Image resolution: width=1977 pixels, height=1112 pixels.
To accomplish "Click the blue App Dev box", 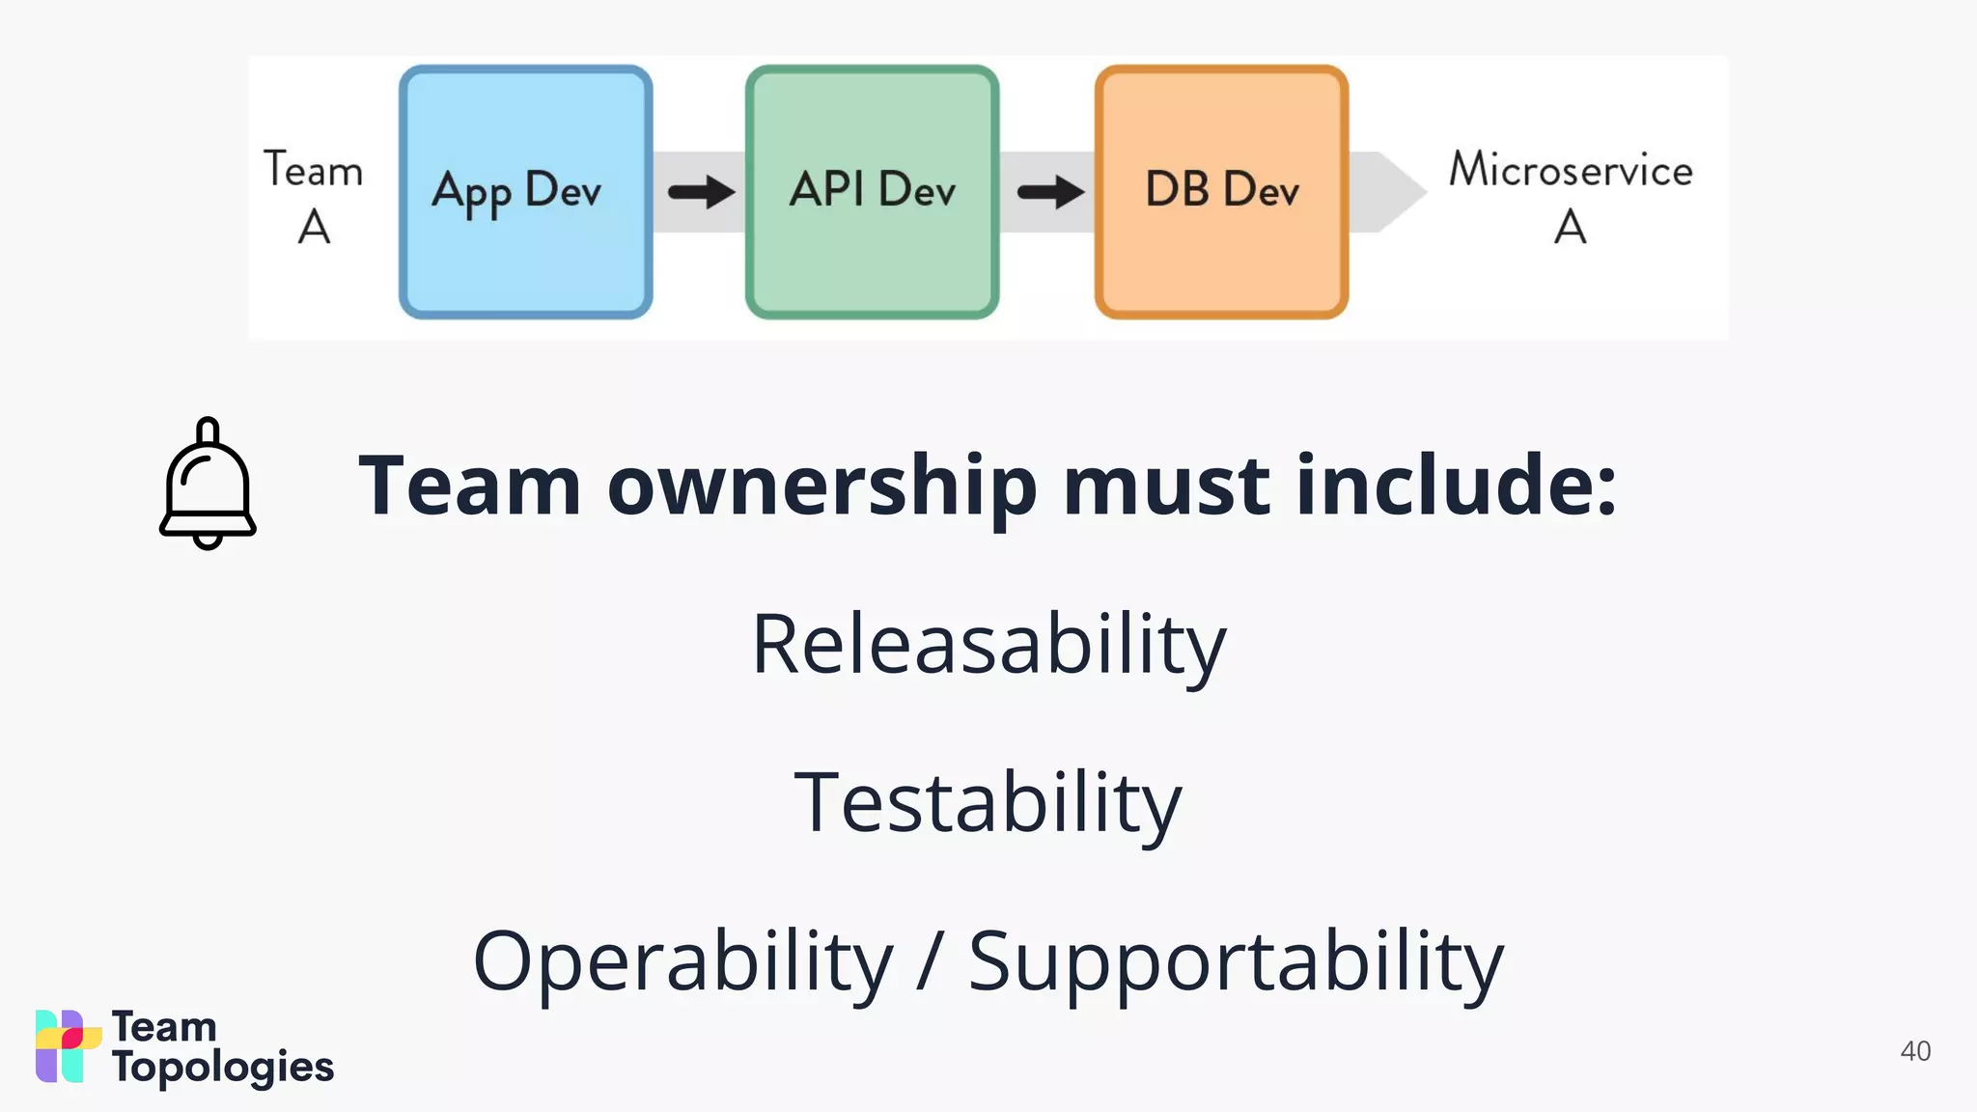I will point(525,192).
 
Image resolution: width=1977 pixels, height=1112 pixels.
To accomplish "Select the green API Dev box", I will point(872,192).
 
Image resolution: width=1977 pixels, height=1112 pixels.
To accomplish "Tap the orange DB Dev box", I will point(1221,192).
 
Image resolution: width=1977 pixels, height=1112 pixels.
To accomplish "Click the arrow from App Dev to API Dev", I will point(701,191).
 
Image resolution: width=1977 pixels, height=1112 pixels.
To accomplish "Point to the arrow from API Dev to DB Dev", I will point(1050,191).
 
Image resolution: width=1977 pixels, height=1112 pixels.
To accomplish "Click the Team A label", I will point(314,197).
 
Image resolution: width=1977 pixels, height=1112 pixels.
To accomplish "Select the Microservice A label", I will point(1571,197).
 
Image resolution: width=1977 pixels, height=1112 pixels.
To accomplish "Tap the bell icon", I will point(208,484).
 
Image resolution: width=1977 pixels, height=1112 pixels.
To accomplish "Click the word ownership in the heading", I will point(821,486).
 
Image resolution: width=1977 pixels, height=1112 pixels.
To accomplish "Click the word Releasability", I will point(988,644).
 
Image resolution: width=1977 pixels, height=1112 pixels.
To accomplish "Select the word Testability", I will point(988,802).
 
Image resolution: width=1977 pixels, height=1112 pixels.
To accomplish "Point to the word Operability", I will point(682,960).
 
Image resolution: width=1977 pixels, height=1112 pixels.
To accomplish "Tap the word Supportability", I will point(1236,962).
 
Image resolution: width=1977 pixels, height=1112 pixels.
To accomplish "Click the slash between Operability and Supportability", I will point(930,960).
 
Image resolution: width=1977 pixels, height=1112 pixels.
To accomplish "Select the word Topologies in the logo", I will point(223,1068).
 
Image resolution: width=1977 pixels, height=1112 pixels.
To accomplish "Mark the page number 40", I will point(1915,1051).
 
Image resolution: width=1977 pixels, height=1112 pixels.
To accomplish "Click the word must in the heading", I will point(1166,486).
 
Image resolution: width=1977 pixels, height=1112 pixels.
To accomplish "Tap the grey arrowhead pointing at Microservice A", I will point(1395,191).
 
